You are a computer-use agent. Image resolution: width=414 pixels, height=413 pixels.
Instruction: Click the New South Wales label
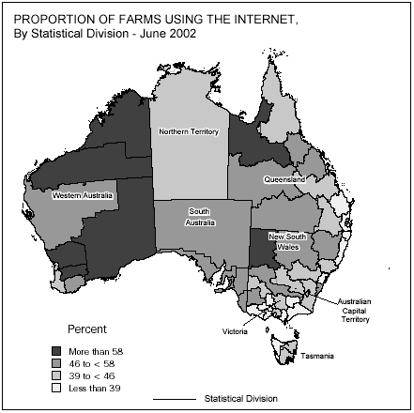(288, 241)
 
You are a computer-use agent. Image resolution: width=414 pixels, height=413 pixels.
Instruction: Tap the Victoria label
(236, 331)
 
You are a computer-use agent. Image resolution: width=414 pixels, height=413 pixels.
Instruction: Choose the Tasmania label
(317, 357)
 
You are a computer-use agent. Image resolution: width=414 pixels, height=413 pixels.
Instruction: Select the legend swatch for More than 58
(55, 351)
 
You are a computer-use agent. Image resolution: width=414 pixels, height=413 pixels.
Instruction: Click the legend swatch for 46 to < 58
(55, 363)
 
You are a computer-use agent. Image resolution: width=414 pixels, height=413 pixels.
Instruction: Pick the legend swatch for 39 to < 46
(55, 375)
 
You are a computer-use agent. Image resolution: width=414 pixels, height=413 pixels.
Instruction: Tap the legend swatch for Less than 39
(55, 387)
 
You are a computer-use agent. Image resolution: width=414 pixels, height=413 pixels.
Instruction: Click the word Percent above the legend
(88, 331)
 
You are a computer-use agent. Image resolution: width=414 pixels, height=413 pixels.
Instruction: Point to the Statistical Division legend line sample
(174, 399)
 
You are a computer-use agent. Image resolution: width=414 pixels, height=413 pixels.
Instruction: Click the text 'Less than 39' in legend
(94, 387)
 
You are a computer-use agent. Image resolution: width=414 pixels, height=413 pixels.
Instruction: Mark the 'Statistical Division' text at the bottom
(240, 399)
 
